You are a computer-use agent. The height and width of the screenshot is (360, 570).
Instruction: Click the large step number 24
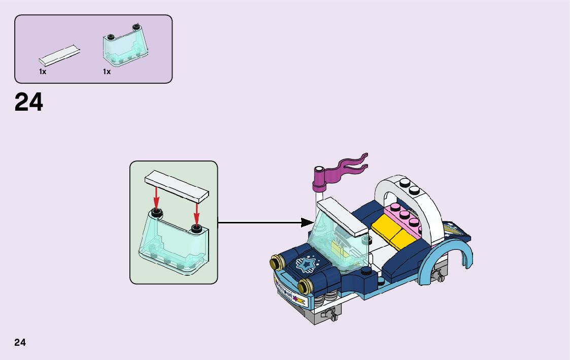[x=29, y=102]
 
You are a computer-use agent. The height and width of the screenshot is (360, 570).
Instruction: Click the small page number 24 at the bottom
[x=20, y=342]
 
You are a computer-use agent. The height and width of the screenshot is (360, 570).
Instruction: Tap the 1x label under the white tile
[x=43, y=72]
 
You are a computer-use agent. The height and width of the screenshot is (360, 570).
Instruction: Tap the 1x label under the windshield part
[x=107, y=72]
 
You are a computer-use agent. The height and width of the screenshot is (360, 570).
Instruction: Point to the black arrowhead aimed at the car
[x=307, y=222]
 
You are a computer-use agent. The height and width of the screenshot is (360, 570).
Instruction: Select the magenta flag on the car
[x=345, y=166]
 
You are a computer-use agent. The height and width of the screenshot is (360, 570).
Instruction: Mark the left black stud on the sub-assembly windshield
[x=157, y=212]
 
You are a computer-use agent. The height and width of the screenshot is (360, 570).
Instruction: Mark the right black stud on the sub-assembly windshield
[x=197, y=226]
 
